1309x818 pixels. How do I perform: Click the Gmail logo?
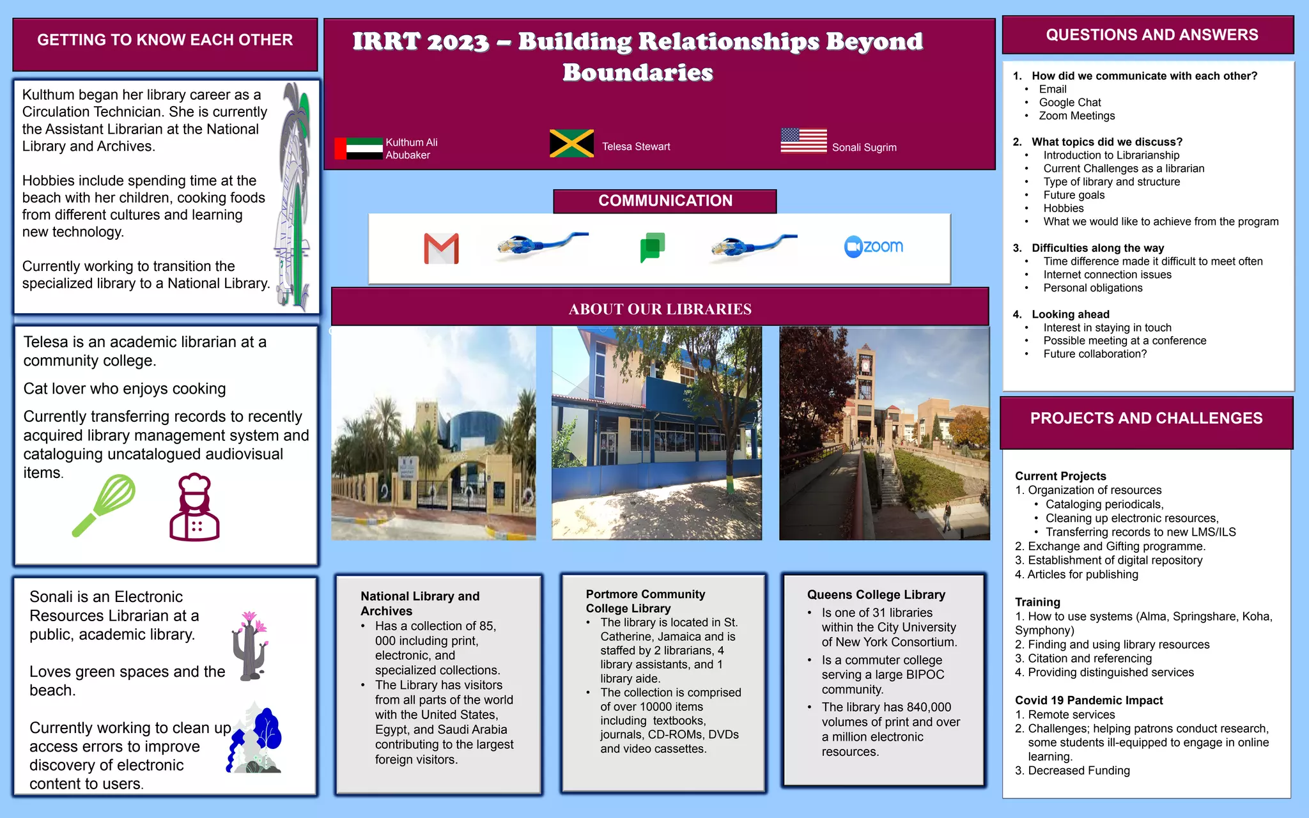point(441,249)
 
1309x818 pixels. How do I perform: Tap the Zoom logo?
point(873,247)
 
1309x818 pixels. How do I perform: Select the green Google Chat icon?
point(653,247)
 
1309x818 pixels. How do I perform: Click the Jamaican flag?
point(571,144)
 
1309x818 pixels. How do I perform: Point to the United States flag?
point(803,141)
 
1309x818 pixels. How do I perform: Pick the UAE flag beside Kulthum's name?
point(358,148)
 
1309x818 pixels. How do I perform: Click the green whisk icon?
point(104,505)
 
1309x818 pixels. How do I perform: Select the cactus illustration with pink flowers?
point(250,646)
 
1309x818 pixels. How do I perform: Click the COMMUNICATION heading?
point(665,201)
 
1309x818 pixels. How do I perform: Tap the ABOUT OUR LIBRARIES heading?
point(660,309)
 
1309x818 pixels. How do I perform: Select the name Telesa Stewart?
point(636,147)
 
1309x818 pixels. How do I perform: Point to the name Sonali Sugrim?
point(864,148)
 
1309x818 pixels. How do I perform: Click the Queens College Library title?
point(876,595)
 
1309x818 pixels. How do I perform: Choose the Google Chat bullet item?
point(1069,103)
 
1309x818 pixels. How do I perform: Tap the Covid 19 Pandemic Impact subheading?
point(1088,700)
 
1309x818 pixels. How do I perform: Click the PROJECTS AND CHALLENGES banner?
point(1146,419)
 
